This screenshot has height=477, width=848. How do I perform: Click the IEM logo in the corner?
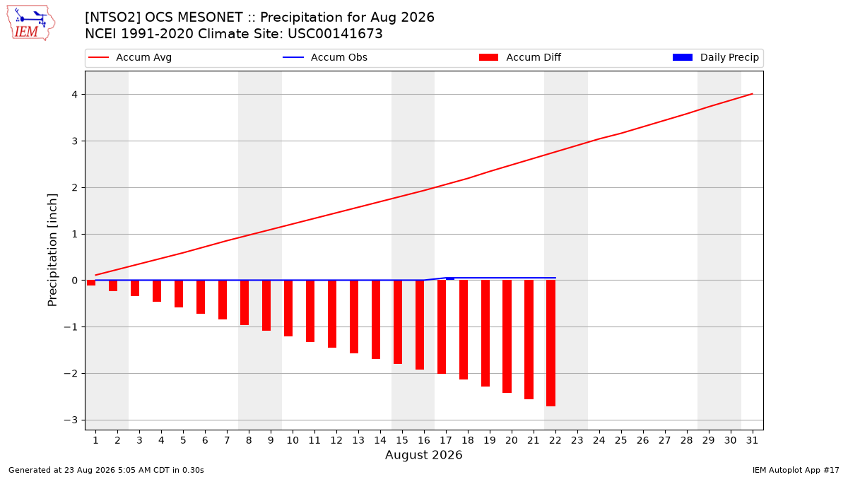click(x=31, y=23)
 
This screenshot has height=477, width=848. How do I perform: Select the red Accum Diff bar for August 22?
click(x=550, y=343)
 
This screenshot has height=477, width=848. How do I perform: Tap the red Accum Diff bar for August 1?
click(x=91, y=283)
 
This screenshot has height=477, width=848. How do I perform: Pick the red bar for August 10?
click(x=288, y=308)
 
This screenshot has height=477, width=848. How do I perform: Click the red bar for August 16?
click(x=420, y=325)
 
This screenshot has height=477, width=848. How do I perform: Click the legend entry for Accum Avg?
click(x=130, y=57)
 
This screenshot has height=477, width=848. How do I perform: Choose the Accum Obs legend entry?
click(x=325, y=57)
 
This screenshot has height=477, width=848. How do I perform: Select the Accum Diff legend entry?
click(x=520, y=57)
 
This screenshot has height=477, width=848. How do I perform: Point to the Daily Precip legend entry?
click(x=715, y=57)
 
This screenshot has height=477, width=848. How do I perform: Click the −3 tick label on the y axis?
click(x=71, y=420)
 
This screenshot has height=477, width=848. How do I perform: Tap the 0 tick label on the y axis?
click(x=75, y=281)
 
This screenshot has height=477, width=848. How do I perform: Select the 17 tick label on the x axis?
click(x=446, y=440)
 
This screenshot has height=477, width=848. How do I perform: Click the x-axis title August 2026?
click(x=423, y=454)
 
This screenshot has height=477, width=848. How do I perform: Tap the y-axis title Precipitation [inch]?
click(x=52, y=250)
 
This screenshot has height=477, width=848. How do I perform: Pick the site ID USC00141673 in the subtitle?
click(x=335, y=34)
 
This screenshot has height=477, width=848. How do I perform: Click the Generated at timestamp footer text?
click(x=106, y=470)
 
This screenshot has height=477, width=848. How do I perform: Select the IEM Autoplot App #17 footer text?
click(x=796, y=470)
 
